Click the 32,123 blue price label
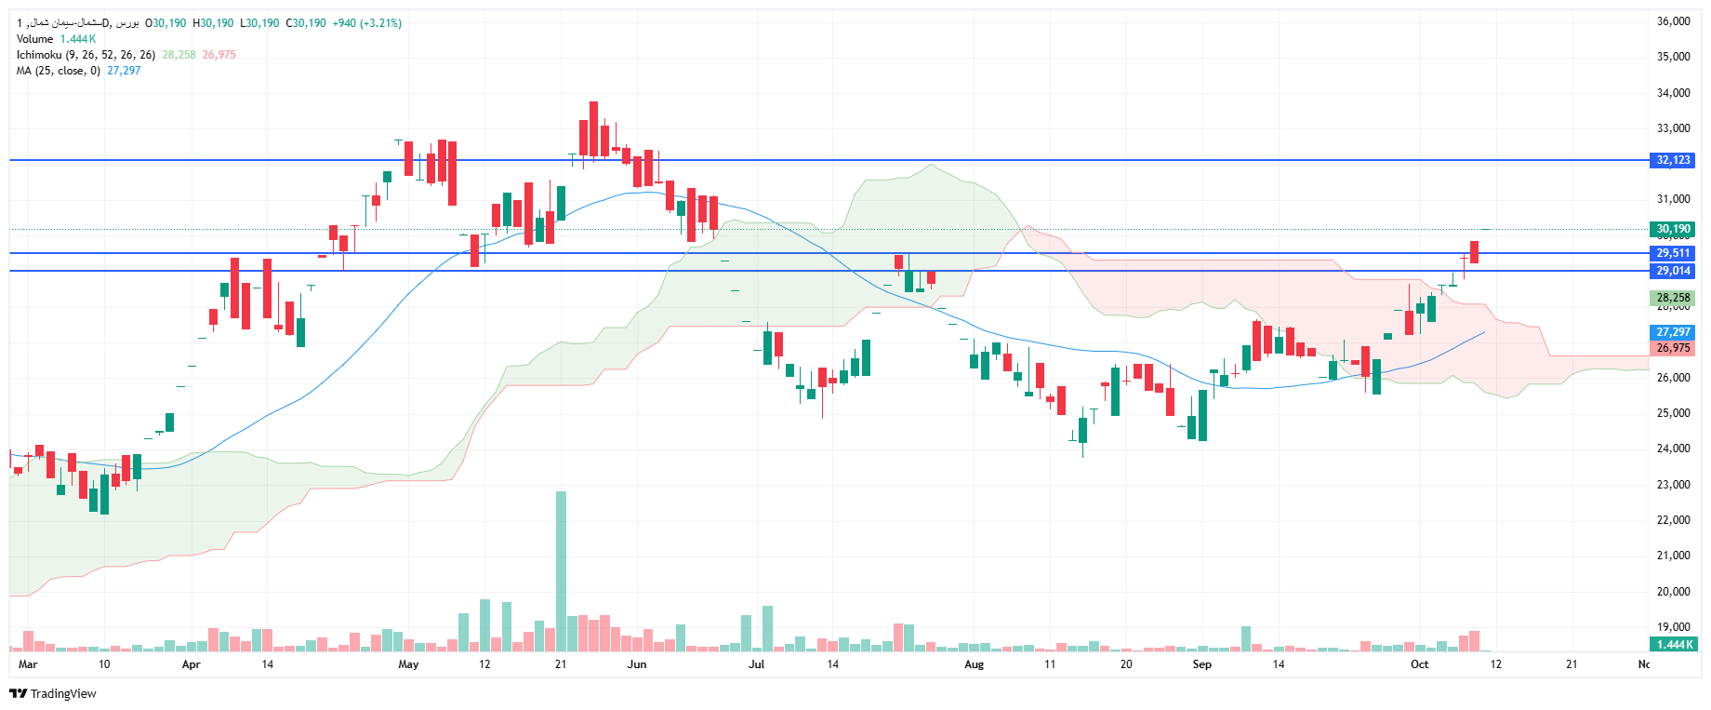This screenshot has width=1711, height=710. (x=1673, y=160)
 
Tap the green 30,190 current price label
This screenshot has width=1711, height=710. (x=1673, y=229)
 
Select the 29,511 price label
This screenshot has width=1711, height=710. (x=1673, y=253)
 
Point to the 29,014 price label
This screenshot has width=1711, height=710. (x=1673, y=271)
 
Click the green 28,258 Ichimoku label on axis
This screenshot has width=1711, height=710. (x=1673, y=298)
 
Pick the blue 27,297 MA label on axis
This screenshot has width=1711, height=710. (x=1673, y=332)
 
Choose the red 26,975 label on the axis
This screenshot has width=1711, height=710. (x=1673, y=348)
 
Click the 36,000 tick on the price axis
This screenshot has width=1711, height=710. (x=1673, y=21)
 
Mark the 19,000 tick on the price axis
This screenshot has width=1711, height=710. (x=1673, y=627)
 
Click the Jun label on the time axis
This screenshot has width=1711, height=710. (x=637, y=664)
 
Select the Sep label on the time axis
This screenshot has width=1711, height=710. (x=1201, y=664)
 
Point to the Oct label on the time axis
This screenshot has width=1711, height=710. (x=1419, y=664)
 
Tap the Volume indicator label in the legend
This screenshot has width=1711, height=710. (x=35, y=39)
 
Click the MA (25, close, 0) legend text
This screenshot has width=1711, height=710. (x=58, y=71)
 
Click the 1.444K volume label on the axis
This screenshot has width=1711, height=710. (x=1673, y=644)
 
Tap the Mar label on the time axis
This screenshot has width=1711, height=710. (x=28, y=664)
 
